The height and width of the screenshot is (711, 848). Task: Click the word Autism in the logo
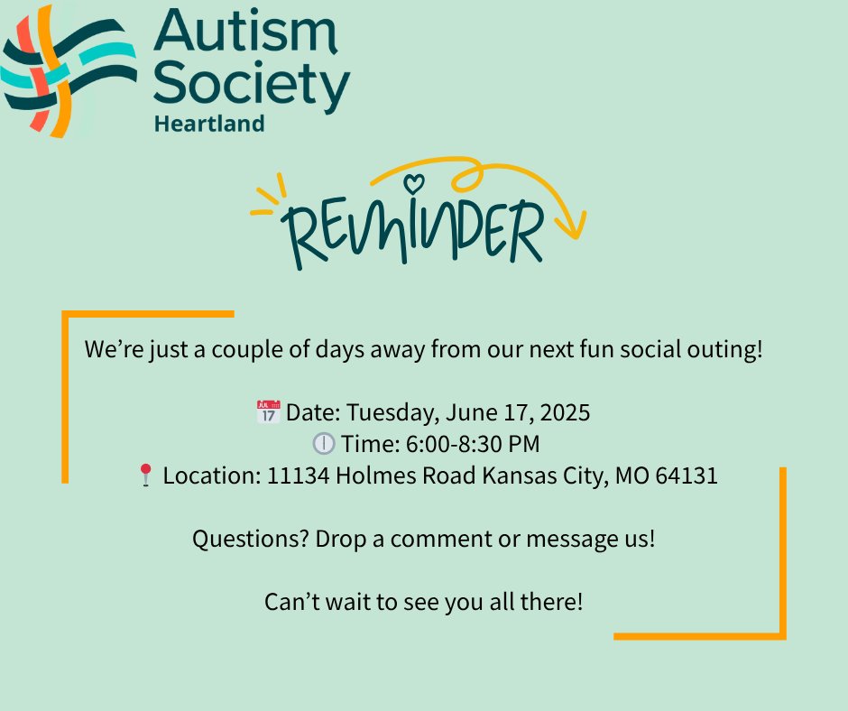246,32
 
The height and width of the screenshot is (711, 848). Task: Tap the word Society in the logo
252,84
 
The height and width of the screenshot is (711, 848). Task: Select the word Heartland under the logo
209,124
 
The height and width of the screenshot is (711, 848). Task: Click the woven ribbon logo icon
69,71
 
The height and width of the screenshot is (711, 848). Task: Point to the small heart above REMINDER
414,183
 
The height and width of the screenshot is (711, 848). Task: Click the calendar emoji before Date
268,411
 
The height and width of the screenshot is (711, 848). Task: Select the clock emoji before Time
323,444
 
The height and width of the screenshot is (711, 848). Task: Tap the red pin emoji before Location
145,476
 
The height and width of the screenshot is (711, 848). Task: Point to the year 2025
565,412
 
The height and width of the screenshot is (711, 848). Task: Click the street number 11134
298,476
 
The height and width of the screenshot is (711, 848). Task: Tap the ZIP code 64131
687,476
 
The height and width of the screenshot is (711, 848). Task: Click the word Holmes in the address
376,476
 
